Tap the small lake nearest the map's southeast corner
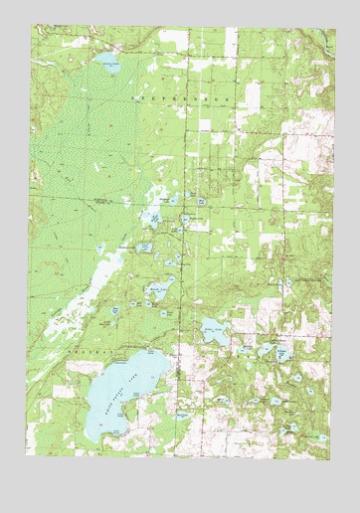(x=295, y=429)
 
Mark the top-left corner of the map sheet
(x=29, y=27)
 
